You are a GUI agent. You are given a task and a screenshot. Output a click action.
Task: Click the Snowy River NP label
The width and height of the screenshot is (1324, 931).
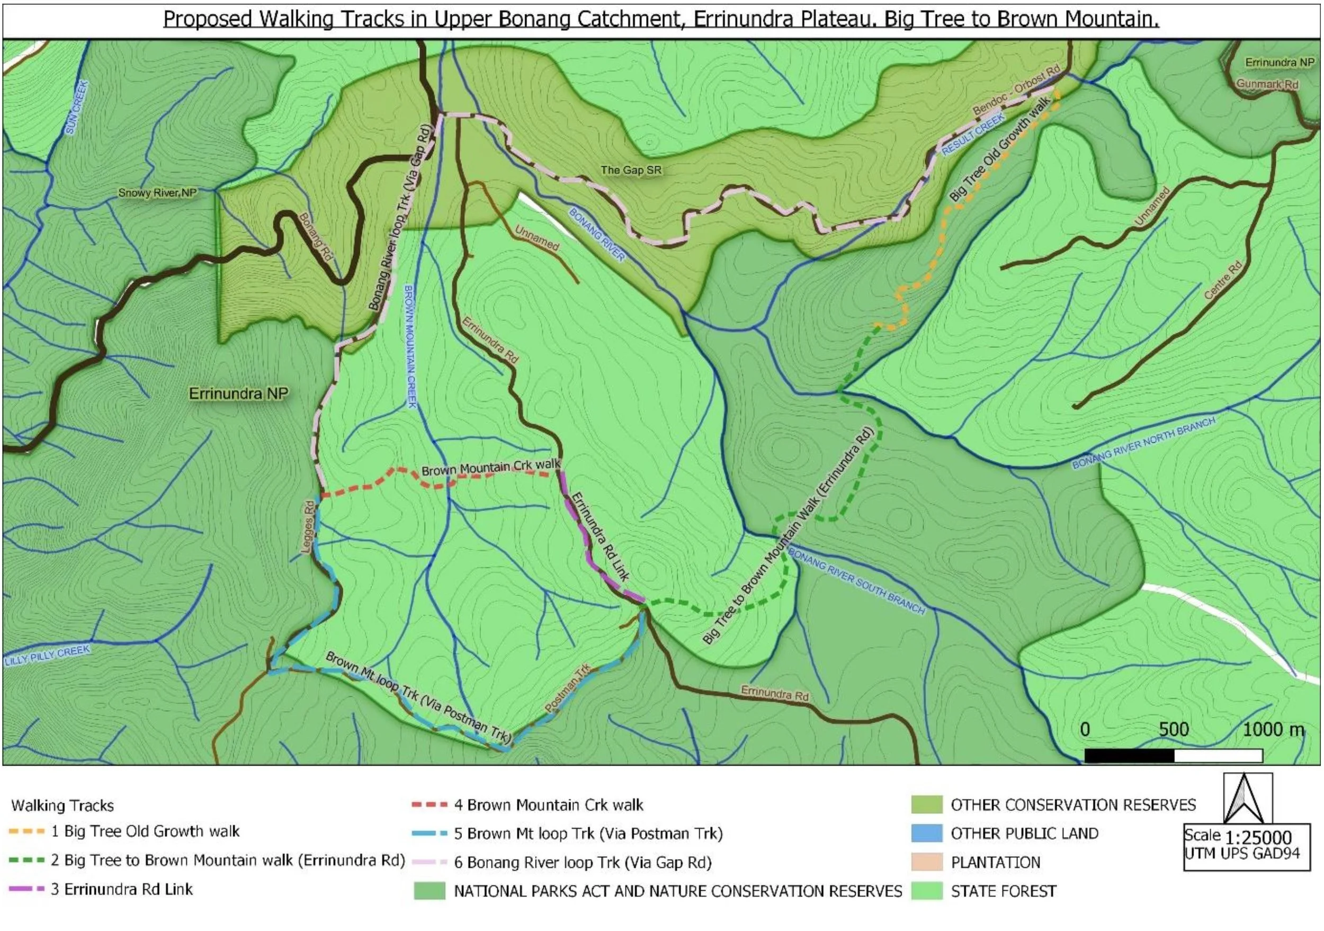pos(157,193)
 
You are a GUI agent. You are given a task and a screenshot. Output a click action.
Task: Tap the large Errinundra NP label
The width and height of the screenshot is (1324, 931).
pos(238,393)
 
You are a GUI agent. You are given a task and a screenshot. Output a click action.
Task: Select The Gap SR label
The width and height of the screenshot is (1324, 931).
pos(631,170)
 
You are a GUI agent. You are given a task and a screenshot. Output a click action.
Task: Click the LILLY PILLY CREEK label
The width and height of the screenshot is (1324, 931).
pos(47,656)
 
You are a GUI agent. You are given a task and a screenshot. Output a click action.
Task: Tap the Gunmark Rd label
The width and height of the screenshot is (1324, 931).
pos(1267,84)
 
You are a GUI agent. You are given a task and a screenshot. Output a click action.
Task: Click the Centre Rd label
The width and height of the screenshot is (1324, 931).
pos(1222,280)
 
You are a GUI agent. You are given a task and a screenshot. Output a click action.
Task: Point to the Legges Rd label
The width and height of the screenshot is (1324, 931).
pos(309,527)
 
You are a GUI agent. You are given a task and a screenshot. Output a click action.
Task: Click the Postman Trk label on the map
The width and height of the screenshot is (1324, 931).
pos(568,688)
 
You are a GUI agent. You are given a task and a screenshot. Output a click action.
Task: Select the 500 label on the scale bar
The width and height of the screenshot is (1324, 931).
pos(1174,730)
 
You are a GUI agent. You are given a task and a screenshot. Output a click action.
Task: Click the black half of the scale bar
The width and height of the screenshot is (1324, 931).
pos(1129,755)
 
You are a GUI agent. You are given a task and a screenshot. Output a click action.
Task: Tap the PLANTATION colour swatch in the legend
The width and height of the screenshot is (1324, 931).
pos(926,862)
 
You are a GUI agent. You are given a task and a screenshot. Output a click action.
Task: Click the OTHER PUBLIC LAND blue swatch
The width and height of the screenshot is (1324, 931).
pos(926,833)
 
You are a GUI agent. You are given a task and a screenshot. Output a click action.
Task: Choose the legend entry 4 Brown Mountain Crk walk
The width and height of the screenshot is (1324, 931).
pos(548,805)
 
